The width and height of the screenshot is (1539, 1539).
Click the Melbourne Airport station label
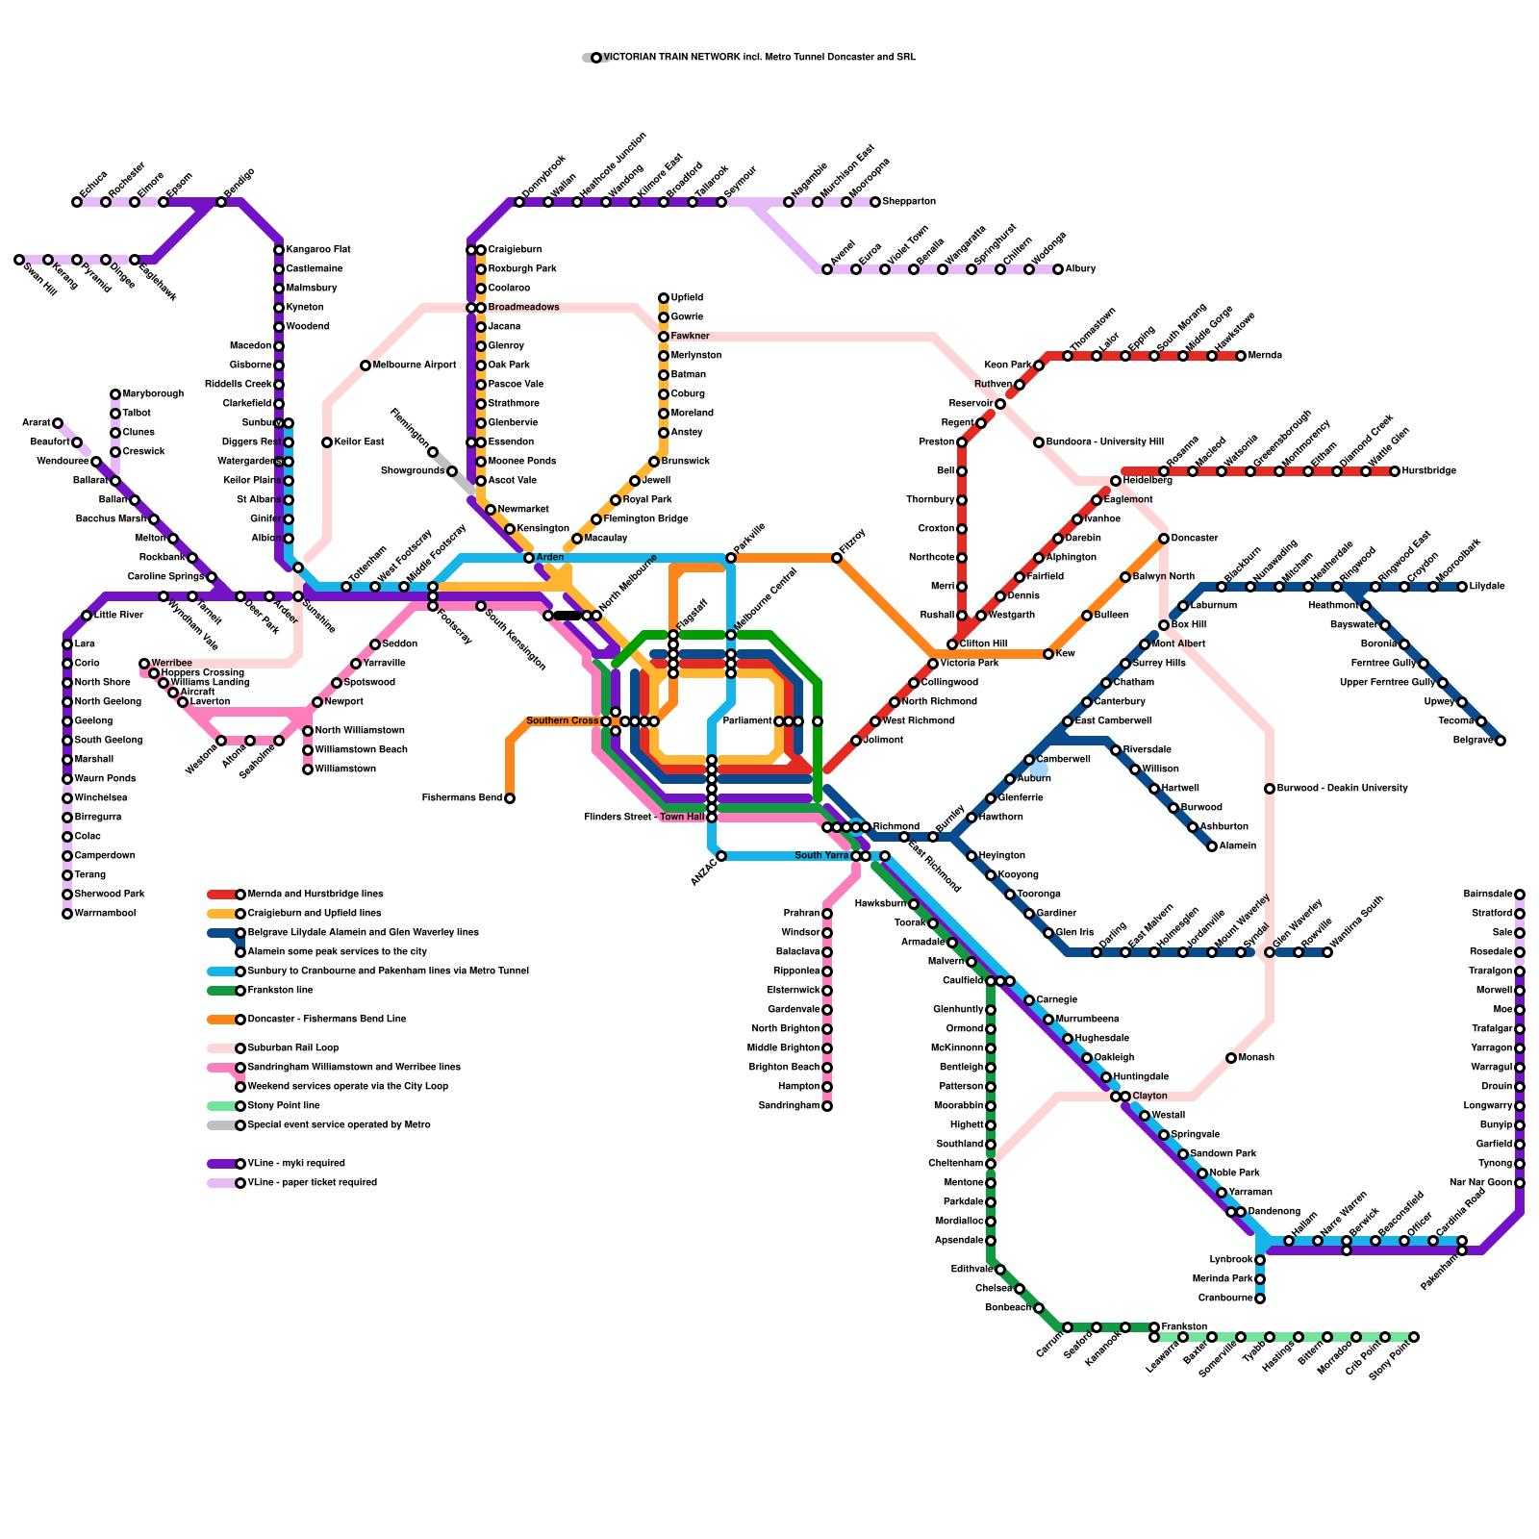[414, 366]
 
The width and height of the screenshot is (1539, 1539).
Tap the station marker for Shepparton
[875, 202]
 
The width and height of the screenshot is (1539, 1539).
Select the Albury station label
[1080, 269]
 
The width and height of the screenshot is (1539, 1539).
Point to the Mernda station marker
[1241, 356]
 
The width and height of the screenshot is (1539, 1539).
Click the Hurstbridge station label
[1428, 471]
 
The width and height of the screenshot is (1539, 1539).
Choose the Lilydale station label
[1487, 587]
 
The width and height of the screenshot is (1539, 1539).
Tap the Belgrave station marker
[1501, 741]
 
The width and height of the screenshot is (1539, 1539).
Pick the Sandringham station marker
[827, 1106]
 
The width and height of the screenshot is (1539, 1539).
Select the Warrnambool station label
[105, 914]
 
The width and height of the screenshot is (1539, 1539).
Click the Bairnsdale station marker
[1520, 895]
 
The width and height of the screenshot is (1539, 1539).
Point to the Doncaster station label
[1195, 539]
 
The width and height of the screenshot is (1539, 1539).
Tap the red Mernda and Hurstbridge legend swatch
[221, 895]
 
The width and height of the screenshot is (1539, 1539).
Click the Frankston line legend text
[280, 991]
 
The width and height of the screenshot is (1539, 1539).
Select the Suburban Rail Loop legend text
[292, 1048]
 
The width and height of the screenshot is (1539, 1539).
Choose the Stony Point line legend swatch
[221, 1106]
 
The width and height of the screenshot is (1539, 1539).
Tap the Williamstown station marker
[308, 769]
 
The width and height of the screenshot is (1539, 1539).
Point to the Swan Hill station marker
[19, 260]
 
